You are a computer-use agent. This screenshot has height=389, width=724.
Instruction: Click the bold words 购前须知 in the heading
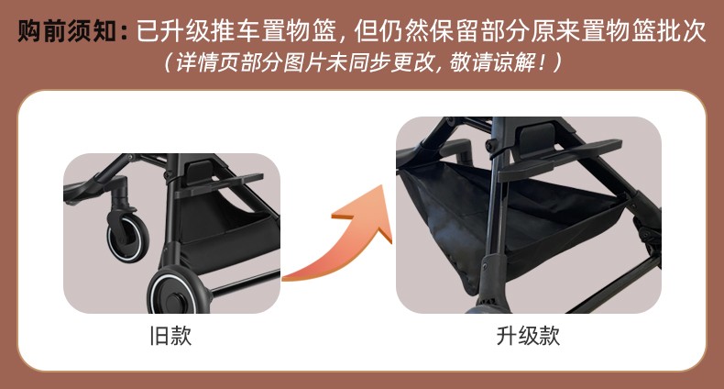[67, 31]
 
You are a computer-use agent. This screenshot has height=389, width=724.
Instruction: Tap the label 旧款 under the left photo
[170, 336]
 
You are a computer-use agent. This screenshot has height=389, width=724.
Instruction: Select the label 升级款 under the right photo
[528, 336]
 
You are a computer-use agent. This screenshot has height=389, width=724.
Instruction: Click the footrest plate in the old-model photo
[222, 183]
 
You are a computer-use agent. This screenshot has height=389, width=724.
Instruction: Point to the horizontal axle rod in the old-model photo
[245, 283]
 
